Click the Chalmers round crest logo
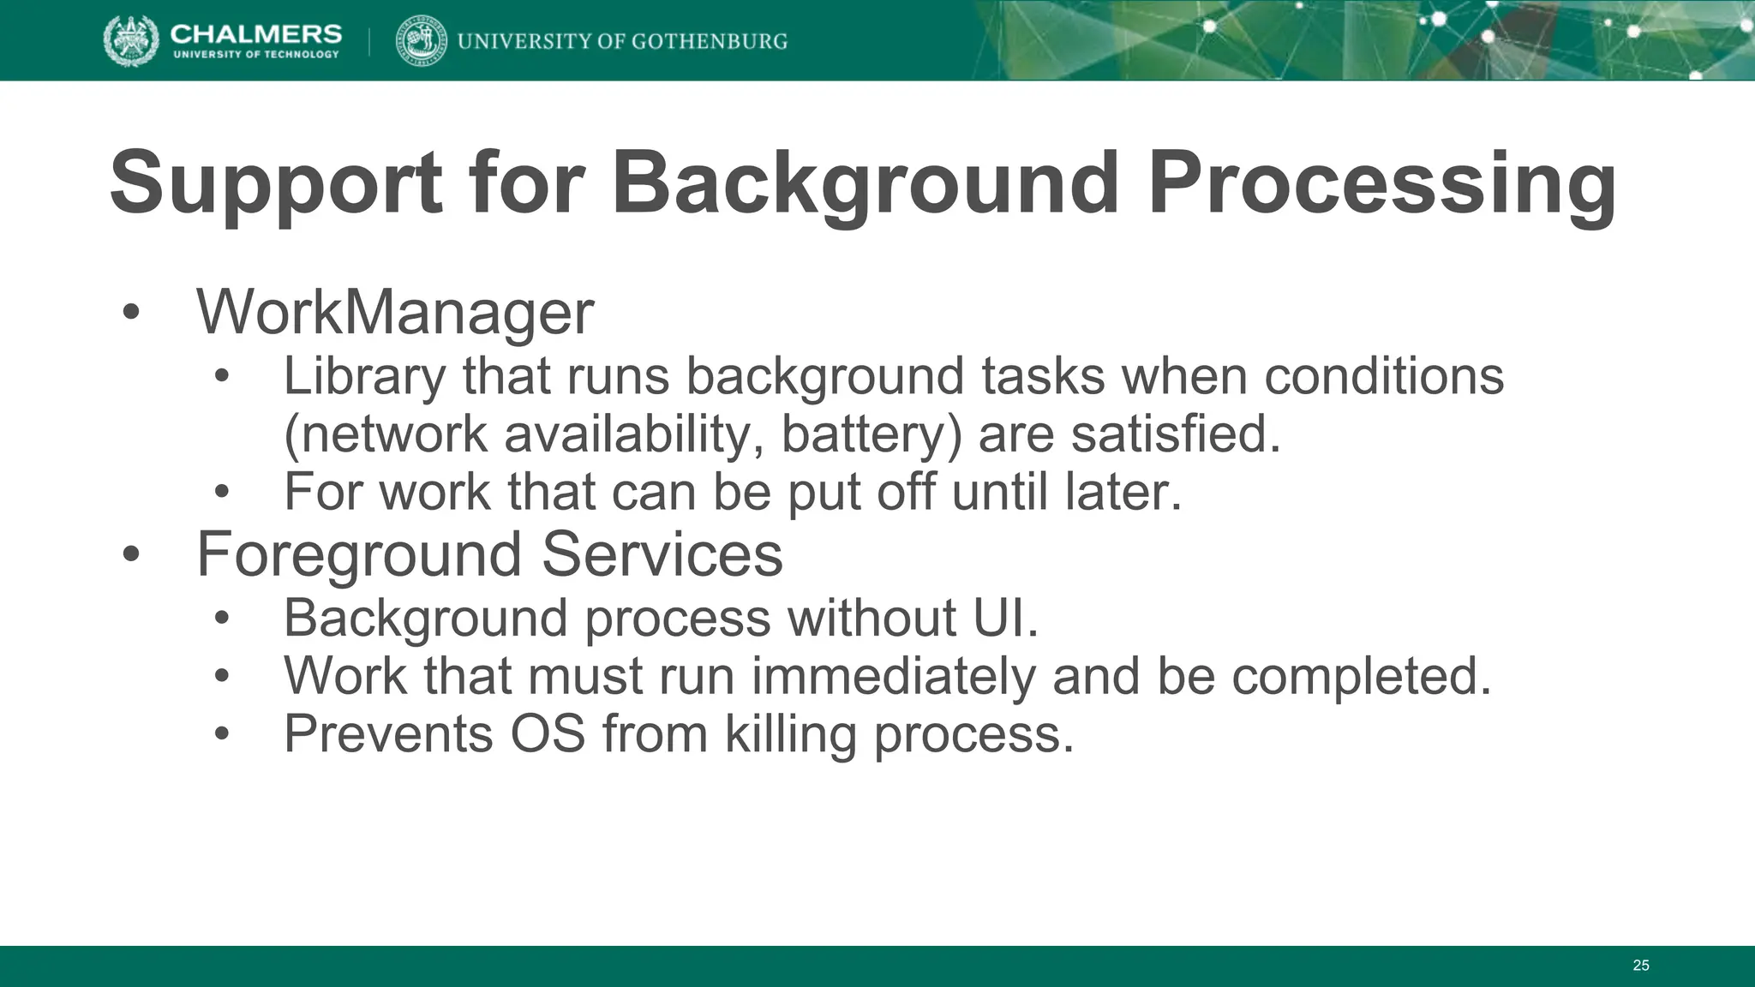[x=130, y=40]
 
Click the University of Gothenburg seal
[x=422, y=41]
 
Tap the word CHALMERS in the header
[x=256, y=33]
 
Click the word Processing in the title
[x=1381, y=184]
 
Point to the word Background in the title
[x=865, y=184]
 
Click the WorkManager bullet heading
[x=395, y=312]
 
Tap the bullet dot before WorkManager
[x=130, y=312]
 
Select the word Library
[x=365, y=376]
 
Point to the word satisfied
[x=1176, y=434]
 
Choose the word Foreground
[x=358, y=554]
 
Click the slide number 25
[x=1640, y=966]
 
